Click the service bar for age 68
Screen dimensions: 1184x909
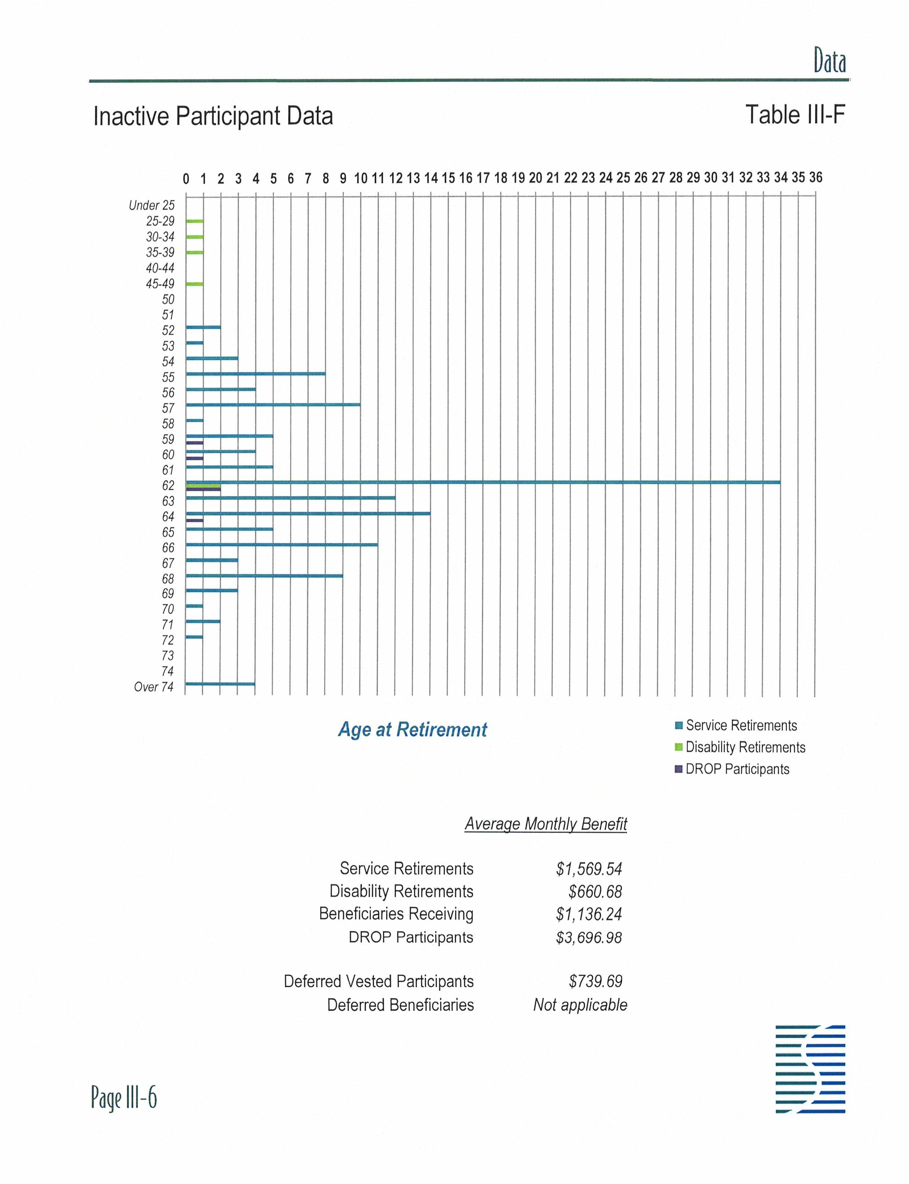264,576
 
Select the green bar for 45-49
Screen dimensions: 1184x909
195,283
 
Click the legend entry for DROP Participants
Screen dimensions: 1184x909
737,769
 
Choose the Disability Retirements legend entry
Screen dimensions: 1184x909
745,747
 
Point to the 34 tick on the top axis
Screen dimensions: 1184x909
780,177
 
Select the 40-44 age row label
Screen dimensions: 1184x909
160,268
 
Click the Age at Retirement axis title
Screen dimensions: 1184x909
412,729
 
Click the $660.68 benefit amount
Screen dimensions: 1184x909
595,891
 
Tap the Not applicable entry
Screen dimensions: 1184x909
580,1005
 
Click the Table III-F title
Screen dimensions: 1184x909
795,115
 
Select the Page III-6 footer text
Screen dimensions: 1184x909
124,1097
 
